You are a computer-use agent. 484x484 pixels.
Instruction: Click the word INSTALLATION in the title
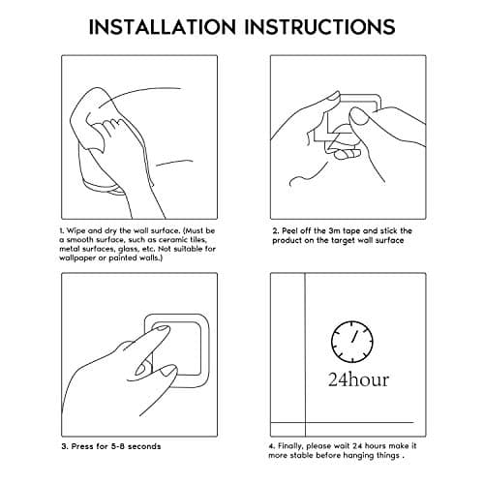click(163, 26)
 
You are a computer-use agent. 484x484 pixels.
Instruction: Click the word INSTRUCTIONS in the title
click(319, 26)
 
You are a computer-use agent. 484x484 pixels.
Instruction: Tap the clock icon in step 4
click(352, 342)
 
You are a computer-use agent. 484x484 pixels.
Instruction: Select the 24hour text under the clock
click(358, 379)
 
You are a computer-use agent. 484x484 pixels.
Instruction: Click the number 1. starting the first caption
click(62, 231)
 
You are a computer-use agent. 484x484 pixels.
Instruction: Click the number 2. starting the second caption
click(276, 231)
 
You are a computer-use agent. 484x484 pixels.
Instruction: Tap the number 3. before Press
click(65, 446)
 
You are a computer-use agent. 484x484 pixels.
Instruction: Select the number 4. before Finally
click(272, 446)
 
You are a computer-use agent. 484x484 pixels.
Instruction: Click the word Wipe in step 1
click(76, 231)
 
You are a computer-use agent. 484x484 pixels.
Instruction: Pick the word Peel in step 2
click(289, 231)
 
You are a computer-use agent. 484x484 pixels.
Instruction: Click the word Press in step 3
click(82, 446)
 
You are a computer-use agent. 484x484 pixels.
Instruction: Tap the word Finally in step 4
click(290, 446)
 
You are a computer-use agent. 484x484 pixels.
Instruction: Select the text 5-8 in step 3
click(118, 446)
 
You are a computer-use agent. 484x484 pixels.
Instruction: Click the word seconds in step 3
click(144, 446)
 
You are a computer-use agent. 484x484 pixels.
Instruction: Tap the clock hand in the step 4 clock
click(354, 336)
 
